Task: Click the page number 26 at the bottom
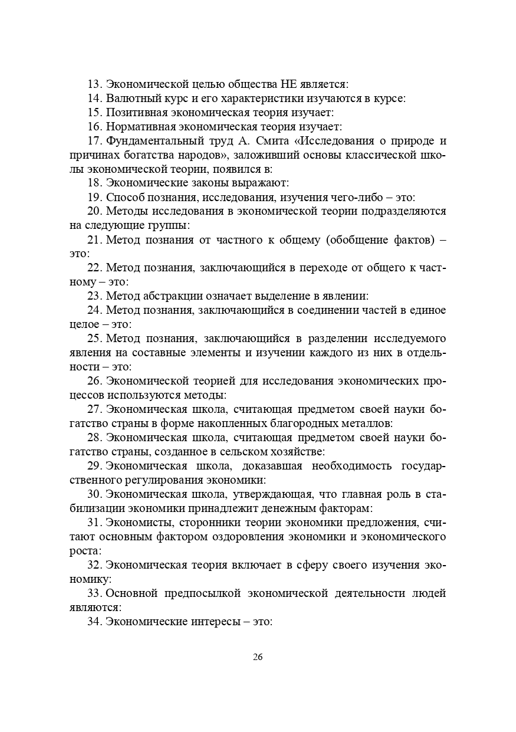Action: (x=258, y=657)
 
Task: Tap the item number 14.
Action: (x=94, y=99)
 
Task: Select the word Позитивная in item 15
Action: (x=134, y=112)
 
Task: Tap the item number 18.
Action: (x=94, y=183)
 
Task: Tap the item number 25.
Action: (x=94, y=339)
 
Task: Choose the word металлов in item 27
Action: (x=370, y=424)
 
